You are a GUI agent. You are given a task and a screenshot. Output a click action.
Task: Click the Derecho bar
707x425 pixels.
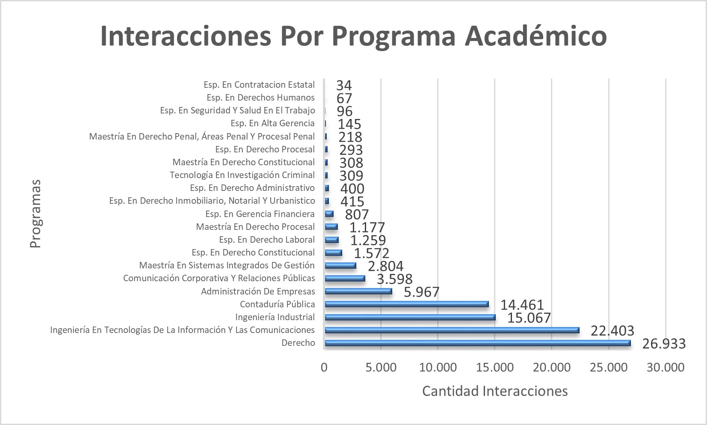pyautogui.click(x=477, y=343)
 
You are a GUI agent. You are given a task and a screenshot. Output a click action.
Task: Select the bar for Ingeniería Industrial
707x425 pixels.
pyautogui.click(x=410, y=317)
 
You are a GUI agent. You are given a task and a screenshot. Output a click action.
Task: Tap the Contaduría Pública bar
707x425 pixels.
pyautogui.click(x=406, y=304)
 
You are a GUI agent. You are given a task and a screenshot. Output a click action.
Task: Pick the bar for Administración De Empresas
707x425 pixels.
pyautogui.click(x=358, y=291)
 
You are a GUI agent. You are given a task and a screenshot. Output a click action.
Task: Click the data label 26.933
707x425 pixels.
pyautogui.click(x=664, y=344)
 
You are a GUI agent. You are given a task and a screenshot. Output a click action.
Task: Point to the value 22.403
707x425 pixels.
pyautogui.click(x=612, y=331)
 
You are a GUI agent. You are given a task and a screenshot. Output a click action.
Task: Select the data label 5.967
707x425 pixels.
pyautogui.click(x=422, y=292)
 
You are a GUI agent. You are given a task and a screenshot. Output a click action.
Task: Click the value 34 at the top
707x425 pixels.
pyautogui.click(x=344, y=85)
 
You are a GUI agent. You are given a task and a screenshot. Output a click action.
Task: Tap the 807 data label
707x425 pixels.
pyautogui.click(x=357, y=214)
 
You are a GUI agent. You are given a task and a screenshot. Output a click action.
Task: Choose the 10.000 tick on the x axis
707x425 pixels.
pyautogui.click(x=438, y=367)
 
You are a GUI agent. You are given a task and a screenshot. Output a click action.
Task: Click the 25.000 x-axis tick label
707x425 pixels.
pyautogui.click(x=609, y=367)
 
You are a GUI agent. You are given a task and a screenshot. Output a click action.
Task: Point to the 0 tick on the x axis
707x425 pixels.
pyautogui.click(x=324, y=367)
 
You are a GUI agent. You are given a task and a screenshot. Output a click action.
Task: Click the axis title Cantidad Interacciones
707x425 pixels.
pyautogui.click(x=495, y=391)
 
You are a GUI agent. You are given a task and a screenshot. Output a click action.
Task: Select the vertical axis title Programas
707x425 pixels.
pyautogui.click(x=35, y=213)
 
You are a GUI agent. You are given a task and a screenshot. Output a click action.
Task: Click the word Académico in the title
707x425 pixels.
pyautogui.click(x=535, y=36)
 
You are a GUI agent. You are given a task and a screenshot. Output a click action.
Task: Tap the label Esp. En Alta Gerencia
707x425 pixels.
pyautogui.click(x=272, y=124)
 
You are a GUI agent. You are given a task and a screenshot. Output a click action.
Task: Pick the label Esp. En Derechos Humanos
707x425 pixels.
pyautogui.click(x=260, y=98)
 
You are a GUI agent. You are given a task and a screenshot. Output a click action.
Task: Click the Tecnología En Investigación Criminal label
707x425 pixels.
pyautogui.click(x=242, y=175)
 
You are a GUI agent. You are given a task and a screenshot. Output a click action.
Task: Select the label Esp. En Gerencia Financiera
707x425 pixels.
pyautogui.click(x=260, y=214)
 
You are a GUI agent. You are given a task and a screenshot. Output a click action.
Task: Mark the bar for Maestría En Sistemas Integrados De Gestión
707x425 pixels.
pyautogui.click(x=340, y=266)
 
